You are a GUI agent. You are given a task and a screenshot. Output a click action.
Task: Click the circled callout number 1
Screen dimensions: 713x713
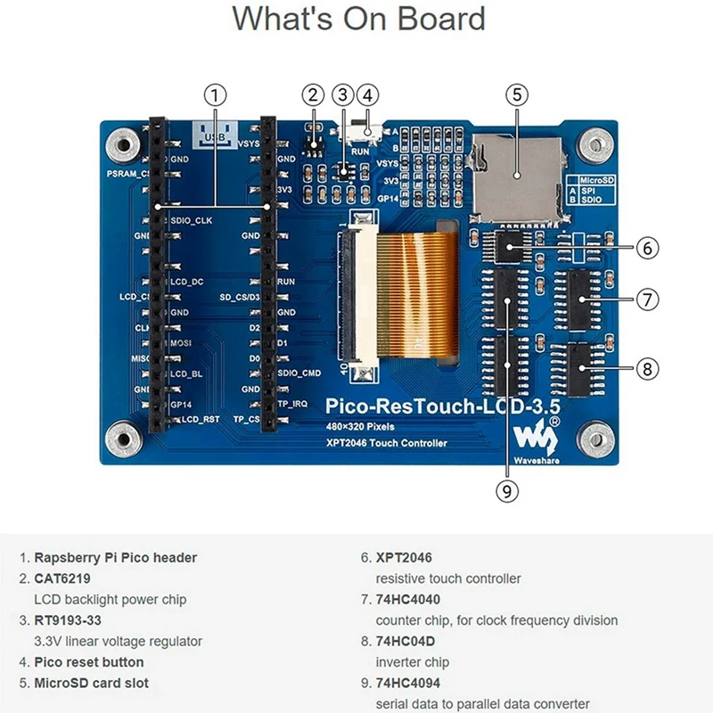[x=214, y=94]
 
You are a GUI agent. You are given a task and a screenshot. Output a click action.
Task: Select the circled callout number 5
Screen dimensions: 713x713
[x=517, y=94]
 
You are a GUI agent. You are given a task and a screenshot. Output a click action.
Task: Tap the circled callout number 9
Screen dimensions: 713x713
[x=507, y=489]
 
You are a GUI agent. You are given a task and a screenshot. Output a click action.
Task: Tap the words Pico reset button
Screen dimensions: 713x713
[x=89, y=662]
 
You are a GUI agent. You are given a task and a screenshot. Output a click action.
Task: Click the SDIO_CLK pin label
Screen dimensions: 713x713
[x=191, y=220]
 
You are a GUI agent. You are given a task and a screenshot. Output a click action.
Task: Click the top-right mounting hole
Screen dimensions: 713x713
[x=594, y=143]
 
